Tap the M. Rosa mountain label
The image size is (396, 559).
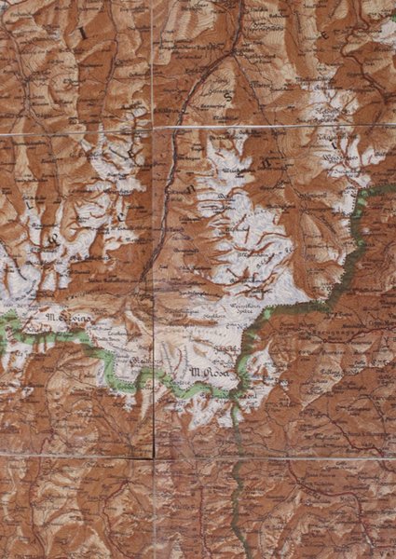tap(206, 374)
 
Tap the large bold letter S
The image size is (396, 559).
tap(226, 95)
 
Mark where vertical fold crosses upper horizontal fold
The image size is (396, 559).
tap(154, 130)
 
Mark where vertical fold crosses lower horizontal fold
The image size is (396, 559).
tap(154, 457)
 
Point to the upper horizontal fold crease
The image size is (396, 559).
tap(280, 128)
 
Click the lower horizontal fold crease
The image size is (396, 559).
tap(280, 457)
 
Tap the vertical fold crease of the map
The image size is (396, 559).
tap(154, 279)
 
